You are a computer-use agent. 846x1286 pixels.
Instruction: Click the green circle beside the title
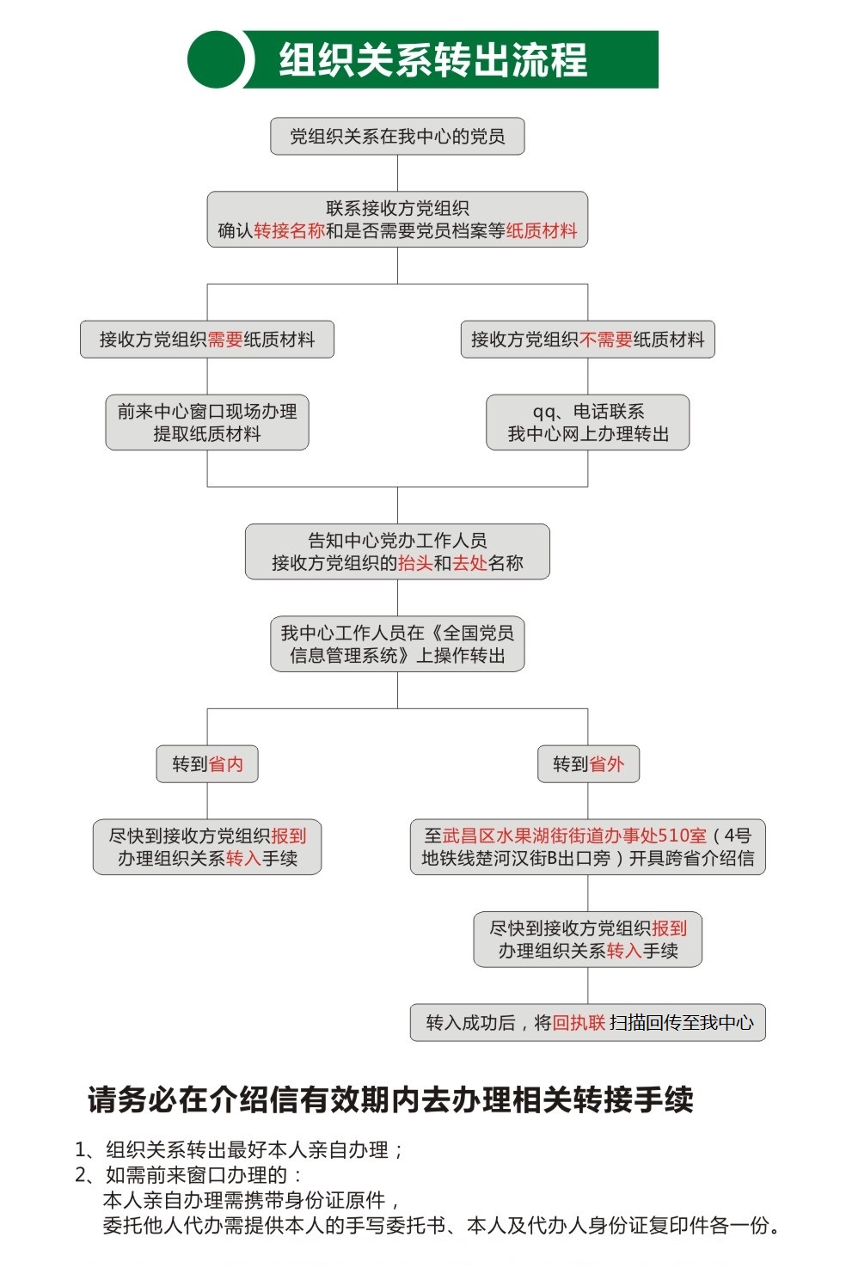tap(217, 59)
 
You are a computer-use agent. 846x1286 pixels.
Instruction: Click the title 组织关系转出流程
tap(433, 59)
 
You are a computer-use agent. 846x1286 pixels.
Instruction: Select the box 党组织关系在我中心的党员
tap(397, 136)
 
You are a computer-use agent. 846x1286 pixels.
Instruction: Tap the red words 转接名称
tap(290, 230)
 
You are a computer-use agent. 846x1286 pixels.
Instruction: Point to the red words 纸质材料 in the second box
tap(541, 230)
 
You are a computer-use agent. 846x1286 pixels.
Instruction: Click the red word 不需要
tap(606, 340)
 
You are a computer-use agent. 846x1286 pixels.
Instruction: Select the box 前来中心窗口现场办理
tap(207, 422)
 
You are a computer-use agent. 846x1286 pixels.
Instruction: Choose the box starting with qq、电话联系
tap(587, 422)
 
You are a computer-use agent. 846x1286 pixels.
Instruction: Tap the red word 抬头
tap(415, 563)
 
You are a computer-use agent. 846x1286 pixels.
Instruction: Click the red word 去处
tap(469, 563)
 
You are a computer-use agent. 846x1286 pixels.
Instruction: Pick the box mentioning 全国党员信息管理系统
tap(397, 644)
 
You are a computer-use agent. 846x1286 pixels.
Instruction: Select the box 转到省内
tap(207, 763)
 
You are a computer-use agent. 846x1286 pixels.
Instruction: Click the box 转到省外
tap(588, 763)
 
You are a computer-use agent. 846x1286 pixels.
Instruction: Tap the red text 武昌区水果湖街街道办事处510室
tap(574, 836)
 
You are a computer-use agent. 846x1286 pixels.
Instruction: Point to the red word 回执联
tap(579, 1022)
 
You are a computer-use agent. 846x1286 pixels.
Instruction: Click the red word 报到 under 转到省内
tap(288, 836)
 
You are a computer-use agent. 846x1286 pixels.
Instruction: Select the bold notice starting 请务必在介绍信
tap(390, 1100)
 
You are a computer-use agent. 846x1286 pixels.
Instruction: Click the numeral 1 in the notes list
tap(81, 1150)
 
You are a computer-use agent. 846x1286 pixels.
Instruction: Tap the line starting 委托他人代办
tap(441, 1226)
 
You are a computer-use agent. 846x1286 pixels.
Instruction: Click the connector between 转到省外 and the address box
tap(587, 801)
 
